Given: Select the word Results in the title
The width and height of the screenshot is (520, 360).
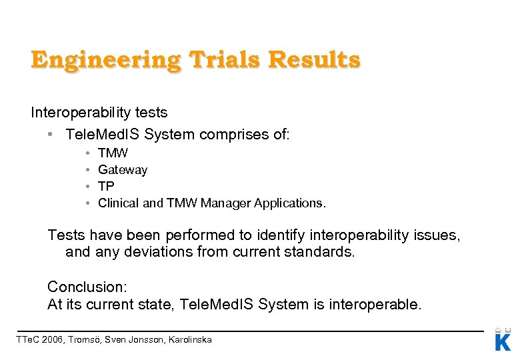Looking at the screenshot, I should (314, 61).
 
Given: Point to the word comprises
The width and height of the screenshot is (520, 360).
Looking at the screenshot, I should (229, 135).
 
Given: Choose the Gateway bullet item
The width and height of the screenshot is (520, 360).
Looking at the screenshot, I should (123, 170).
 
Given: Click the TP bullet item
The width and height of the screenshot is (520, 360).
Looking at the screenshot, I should (106, 187).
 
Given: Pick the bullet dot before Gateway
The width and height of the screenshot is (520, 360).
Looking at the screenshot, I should (88, 170).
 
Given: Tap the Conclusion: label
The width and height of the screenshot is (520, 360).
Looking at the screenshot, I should (87, 287).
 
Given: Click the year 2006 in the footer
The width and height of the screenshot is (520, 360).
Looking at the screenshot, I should (53, 340).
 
